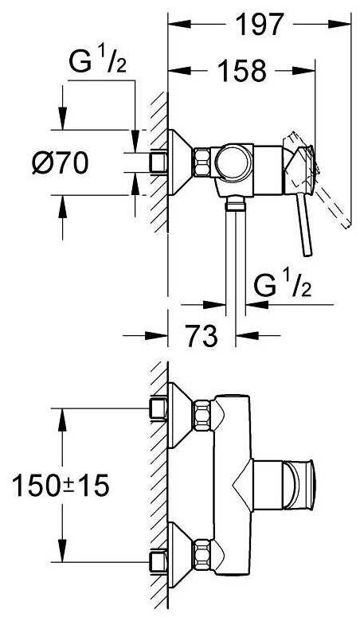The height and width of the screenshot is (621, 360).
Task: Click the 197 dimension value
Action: [260, 25]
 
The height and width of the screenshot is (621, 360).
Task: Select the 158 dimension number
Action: [242, 71]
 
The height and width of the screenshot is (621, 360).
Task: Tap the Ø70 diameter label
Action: [61, 162]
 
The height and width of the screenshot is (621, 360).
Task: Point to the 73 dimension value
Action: [202, 336]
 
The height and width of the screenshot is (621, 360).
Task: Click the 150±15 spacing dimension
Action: [61, 486]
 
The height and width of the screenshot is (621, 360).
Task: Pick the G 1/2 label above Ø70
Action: [97, 62]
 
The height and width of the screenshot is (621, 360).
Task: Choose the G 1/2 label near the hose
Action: [283, 286]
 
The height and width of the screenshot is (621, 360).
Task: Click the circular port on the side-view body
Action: [233, 162]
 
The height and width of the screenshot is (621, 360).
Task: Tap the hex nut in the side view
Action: [202, 162]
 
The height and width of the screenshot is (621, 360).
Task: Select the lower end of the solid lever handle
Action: [307, 253]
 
